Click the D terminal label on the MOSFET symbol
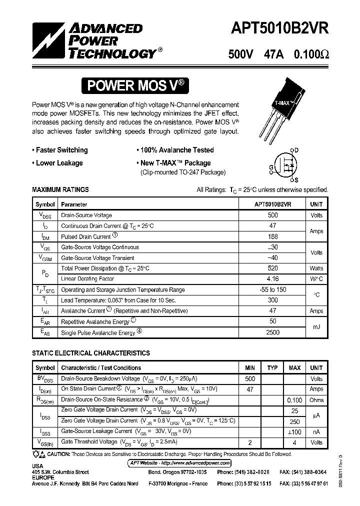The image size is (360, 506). point(296,150)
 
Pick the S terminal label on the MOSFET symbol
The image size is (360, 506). point(296,180)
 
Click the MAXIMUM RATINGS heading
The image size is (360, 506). point(60,190)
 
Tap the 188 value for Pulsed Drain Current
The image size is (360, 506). point(272,236)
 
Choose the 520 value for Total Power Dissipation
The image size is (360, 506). point(272,268)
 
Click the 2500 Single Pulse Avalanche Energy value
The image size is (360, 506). point(272,332)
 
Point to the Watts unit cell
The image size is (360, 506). point(316,268)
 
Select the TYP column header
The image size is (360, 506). point(272,368)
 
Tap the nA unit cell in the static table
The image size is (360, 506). point(316,431)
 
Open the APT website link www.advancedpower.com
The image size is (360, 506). point(180,463)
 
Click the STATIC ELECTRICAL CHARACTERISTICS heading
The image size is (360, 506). point(91,353)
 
